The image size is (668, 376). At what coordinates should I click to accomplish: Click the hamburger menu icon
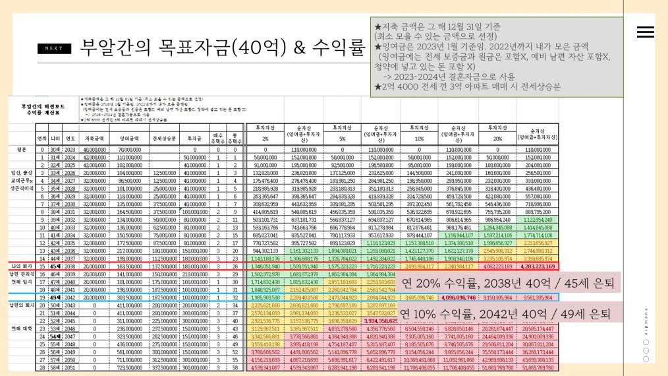pyautogui.click(x=645, y=32)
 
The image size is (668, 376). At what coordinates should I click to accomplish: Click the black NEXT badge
pyautogui.click(x=54, y=48)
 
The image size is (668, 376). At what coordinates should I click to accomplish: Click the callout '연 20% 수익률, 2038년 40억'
pyautogui.click(x=507, y=284)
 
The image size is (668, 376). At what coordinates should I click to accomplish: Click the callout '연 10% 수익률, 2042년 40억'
pyautogui.click(x=507, y=312)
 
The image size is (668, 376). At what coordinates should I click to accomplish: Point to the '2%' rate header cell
pyautogui.click(x=264, y=139)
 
